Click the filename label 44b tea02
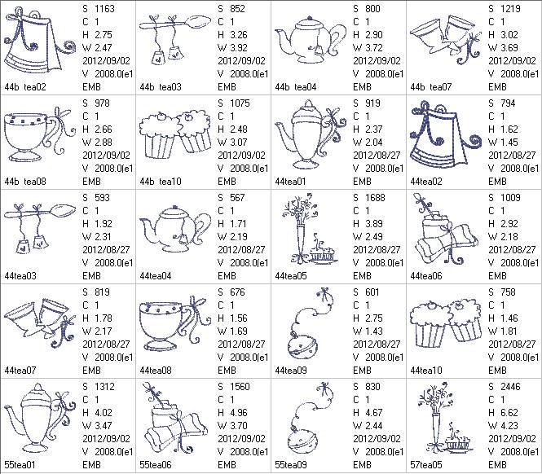(x=25, y=87)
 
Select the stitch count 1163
(x=104, y=9)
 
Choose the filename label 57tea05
(x=426, y=465)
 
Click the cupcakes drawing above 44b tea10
(x=175, y=134)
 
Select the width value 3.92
(x=237, y=48)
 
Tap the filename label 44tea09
(x=291, y=371)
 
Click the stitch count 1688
(x=375, y=198)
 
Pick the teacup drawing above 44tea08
(x=175, y=324)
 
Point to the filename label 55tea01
(x=20, y=465)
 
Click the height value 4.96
(x=237, y=413)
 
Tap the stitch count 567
(x=237, y=198)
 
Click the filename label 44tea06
(x=426, y=276)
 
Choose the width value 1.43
(x=372, y=331)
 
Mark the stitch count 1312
(x=104, y=387)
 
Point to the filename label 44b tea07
(x=431, y=87)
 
